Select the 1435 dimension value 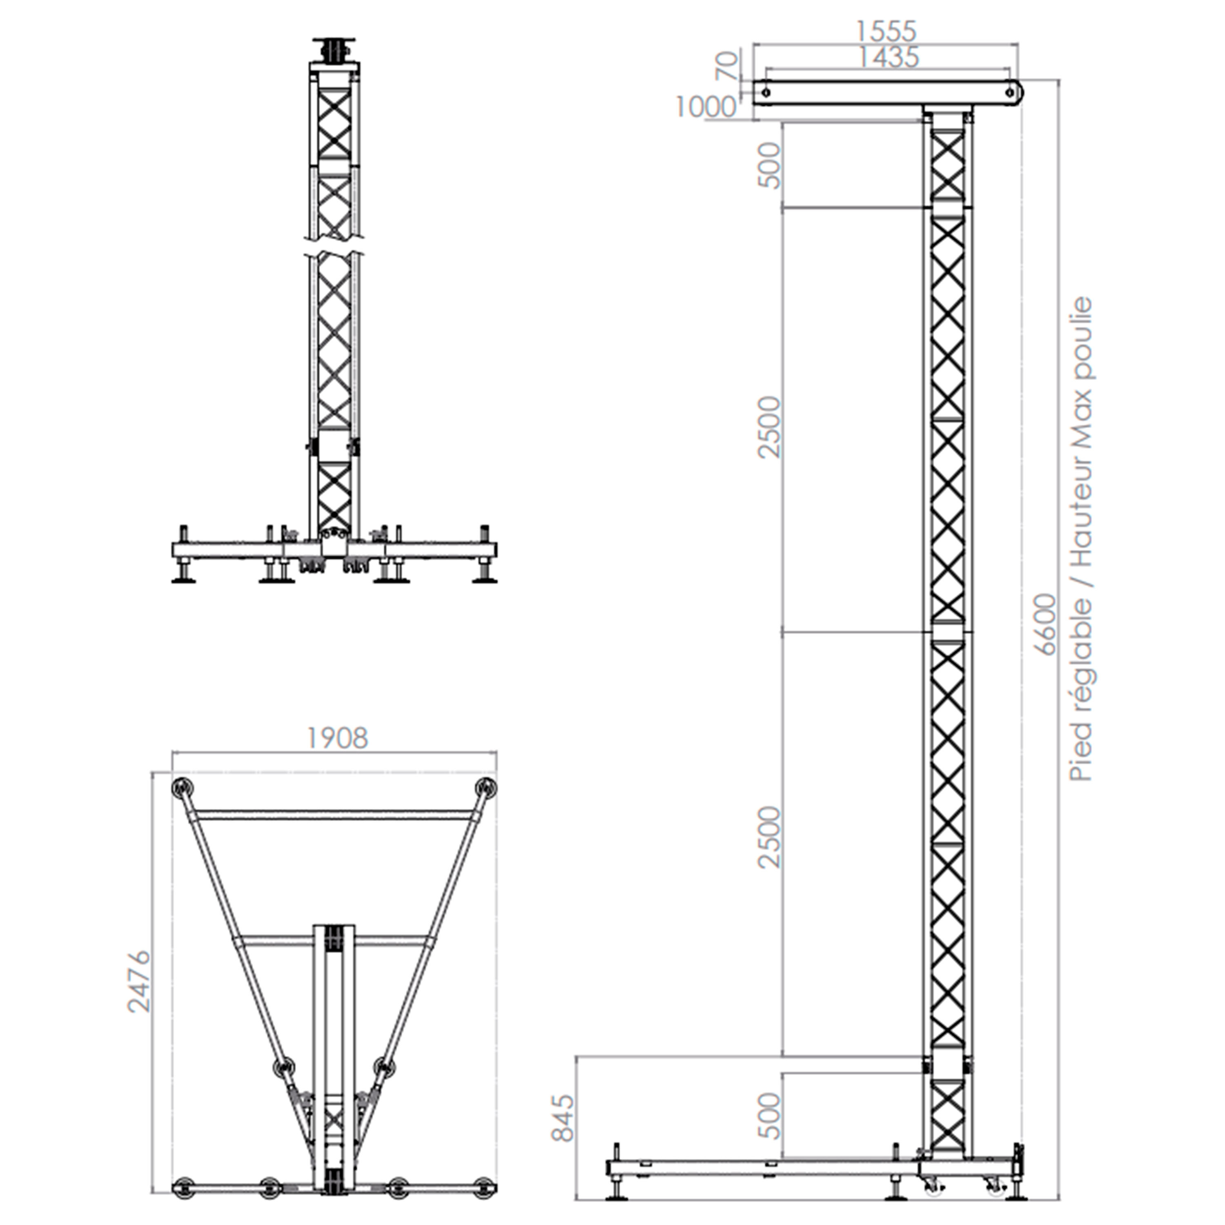click(888, 58)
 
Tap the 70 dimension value click(727, 65)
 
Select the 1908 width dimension click(337, 738)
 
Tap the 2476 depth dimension click(139, 982)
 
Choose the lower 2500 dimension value click(770, 837)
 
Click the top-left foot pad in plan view click(183, 788)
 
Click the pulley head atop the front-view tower click(335, 51)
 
